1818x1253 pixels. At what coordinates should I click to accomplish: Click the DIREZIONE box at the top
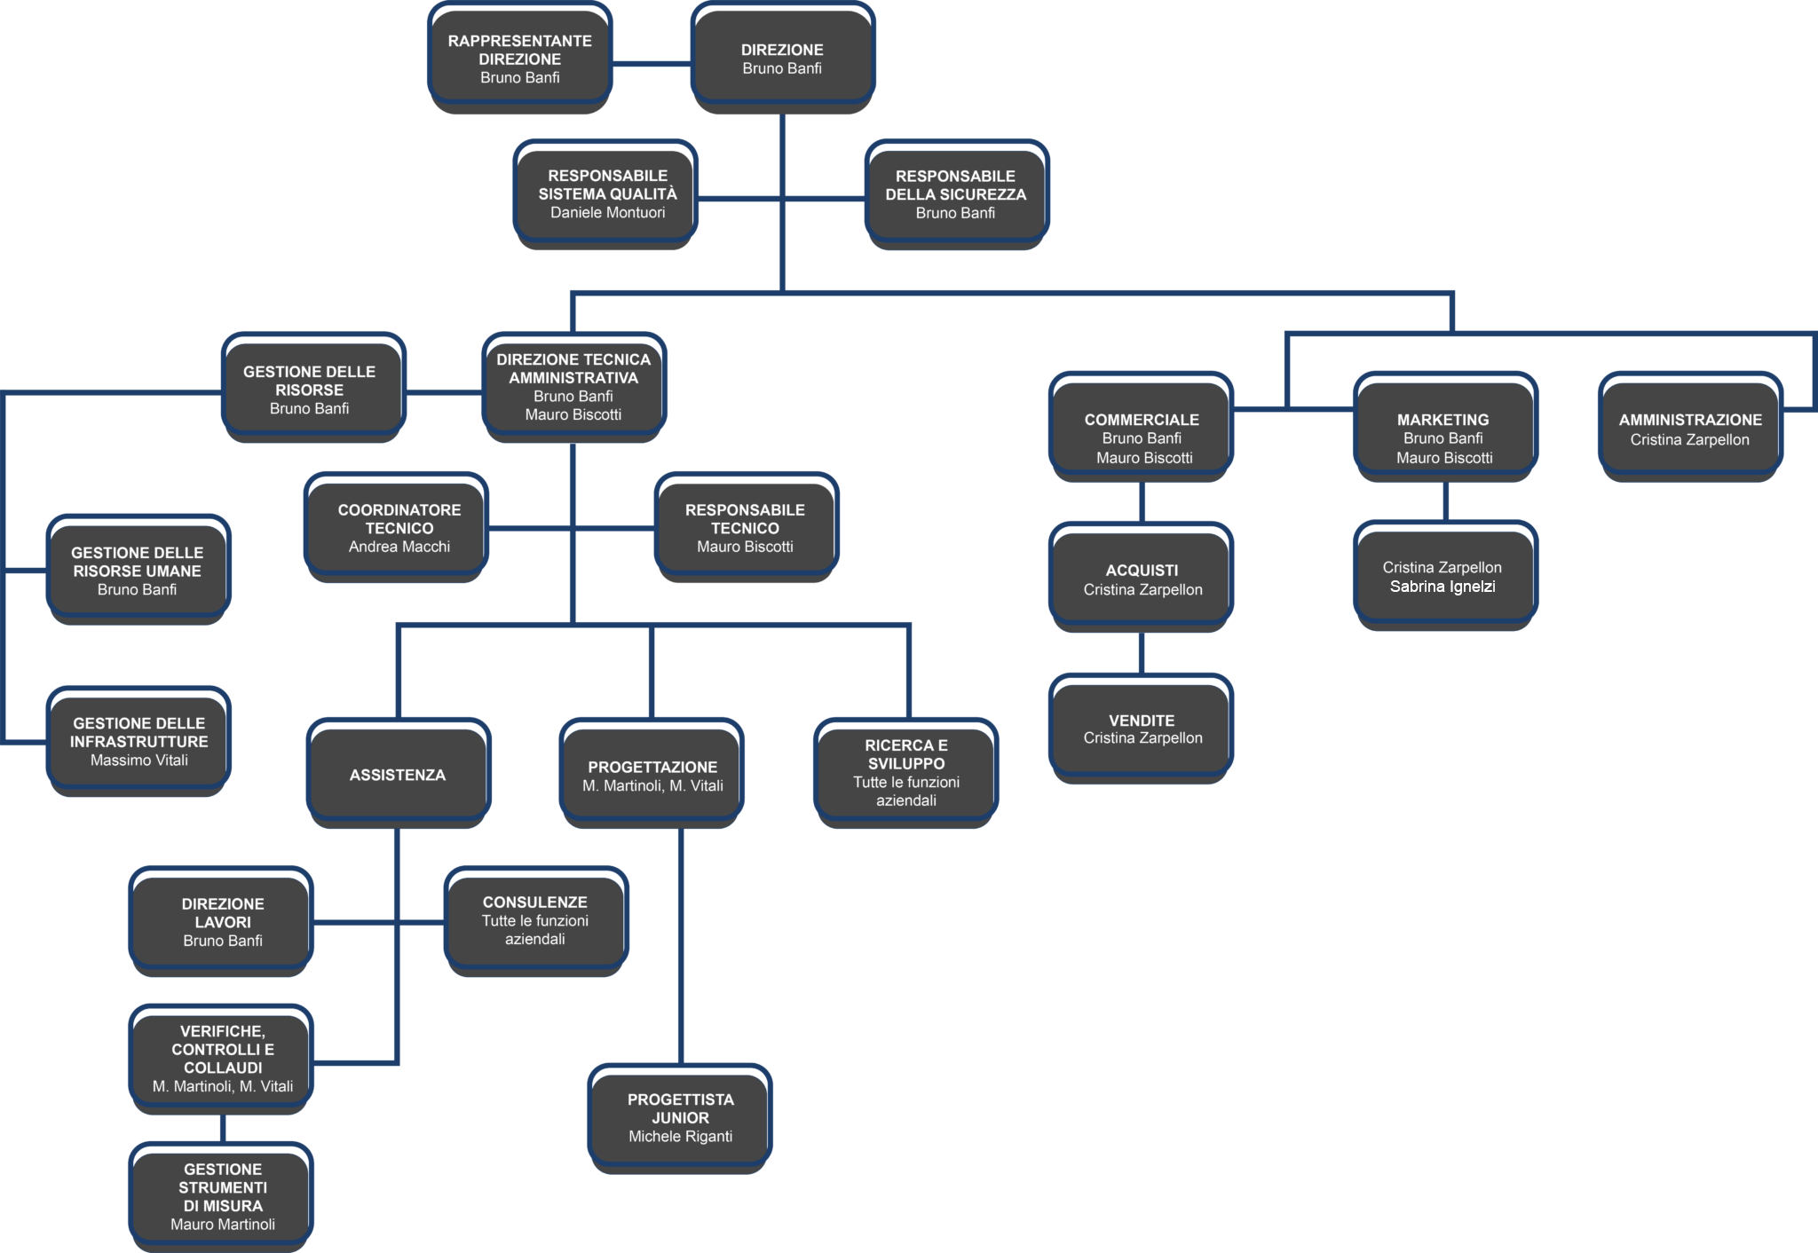[x=782, y=59]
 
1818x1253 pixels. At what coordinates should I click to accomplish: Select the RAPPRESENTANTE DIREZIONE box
[x=519, y=59]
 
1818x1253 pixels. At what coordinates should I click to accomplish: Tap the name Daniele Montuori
[x=607, y=213]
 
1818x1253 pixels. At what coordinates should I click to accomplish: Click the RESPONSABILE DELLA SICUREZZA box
[x=955, y=194]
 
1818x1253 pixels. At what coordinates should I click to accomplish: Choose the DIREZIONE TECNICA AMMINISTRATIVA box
[x=573, y=387]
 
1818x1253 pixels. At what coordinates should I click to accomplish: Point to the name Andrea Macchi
[x=399, y=548]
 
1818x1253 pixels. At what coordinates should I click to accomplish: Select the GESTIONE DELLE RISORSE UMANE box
[x=138, y=571]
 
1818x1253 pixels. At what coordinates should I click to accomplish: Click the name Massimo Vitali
[x=139, y=760]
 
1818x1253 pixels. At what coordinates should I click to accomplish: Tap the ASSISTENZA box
[x=398, y=775]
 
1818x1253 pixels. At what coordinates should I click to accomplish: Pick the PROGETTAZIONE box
[x=652, y=776]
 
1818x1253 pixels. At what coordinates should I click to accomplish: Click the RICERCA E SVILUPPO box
[x=906, y=772]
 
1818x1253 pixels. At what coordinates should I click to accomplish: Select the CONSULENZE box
[x=535, y=920]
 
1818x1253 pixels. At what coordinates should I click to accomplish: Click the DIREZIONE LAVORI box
[x=223, y=922]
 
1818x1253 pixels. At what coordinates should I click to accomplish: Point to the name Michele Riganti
[x=681, y=1137]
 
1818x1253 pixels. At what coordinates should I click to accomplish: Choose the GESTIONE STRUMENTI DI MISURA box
[x=223, y=1196]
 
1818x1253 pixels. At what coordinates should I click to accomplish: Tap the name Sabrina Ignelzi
[x=1443, y=587]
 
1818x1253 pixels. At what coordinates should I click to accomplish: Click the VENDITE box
[x=1142, y=729]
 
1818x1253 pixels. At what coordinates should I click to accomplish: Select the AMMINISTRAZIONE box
[x=1690, y=429]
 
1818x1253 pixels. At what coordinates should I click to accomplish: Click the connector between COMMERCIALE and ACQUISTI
[x=1142, y=501]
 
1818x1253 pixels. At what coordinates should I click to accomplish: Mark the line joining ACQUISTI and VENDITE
[x=1142, y=653]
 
